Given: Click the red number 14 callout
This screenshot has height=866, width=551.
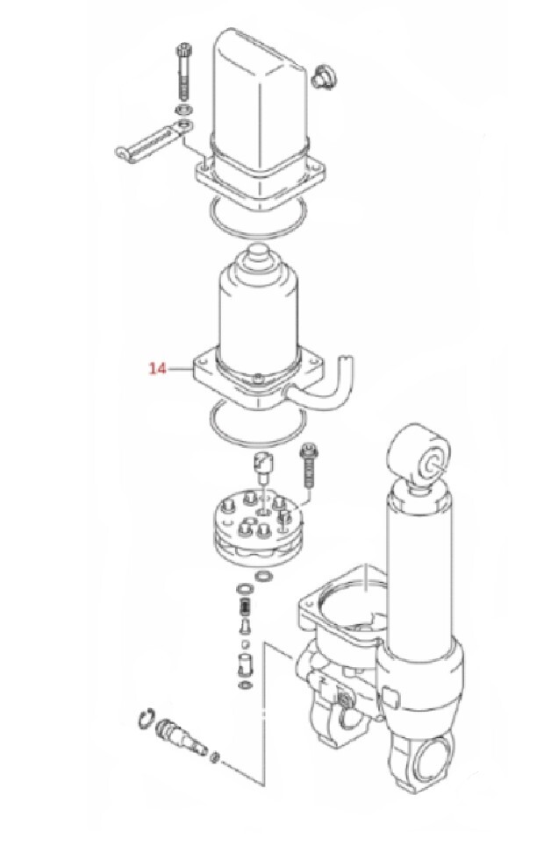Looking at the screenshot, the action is (157, 368).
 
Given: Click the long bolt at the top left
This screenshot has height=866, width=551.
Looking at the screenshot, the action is (182, 71).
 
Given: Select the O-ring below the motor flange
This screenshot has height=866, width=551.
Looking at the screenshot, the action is (257, 422).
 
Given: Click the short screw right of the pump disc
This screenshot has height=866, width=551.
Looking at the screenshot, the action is (307, 466).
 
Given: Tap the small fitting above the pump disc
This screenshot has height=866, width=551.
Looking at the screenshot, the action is (262, 465).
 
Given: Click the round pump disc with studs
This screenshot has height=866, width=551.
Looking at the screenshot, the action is (256, 529).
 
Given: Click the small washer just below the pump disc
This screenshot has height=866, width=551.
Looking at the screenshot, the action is (263, 577).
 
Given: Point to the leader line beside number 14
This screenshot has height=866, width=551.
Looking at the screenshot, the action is (181, 368).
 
